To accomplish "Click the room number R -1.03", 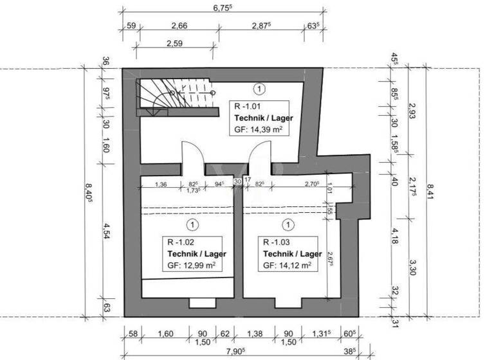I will coord(275,243).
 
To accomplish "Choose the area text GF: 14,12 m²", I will coord(288,264).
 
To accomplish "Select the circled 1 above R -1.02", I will coord(192,225).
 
